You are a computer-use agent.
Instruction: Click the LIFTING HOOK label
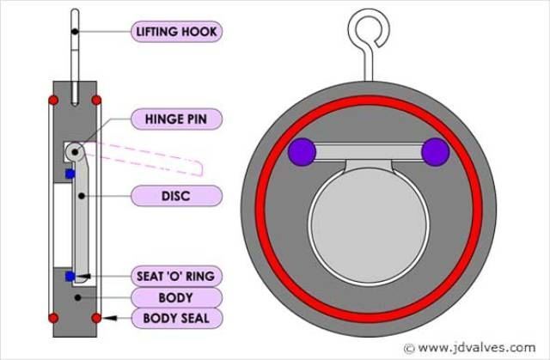[176, 33]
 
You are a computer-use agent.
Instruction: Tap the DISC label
[177, 195]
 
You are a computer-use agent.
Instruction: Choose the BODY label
[176, 297]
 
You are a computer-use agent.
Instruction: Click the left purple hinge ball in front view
[302, 152]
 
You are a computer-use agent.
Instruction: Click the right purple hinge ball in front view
[436, 152]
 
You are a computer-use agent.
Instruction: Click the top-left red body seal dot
[53, 101]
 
